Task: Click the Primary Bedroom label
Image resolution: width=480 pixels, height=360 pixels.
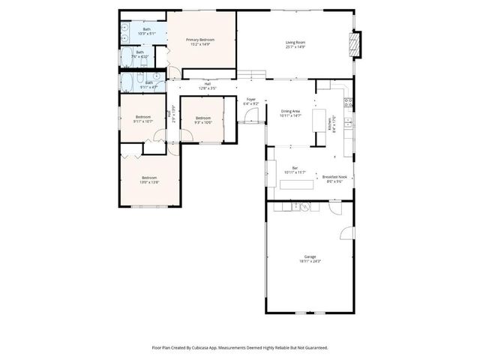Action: pyautogui.click(x=200, y=40)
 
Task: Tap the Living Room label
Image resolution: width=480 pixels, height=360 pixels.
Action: pyautogui.click(x=294, y=42)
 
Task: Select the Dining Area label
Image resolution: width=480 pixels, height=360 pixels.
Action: pyautogui.click(x=290, y=111)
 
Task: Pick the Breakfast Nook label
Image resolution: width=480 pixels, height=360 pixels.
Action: pyautogui.click(x=333, y=177)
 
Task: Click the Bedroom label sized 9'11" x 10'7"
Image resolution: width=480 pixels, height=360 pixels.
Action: pyautogui.click(x=143, y=116)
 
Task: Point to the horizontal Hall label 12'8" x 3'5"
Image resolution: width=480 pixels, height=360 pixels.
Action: pyautogui.click(x=207, y=84)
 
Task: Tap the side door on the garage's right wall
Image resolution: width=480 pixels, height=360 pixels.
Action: pyautogui.click(x=343, y=232)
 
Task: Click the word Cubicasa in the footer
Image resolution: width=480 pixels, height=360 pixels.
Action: pyautogui.click(x=208, y=348)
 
